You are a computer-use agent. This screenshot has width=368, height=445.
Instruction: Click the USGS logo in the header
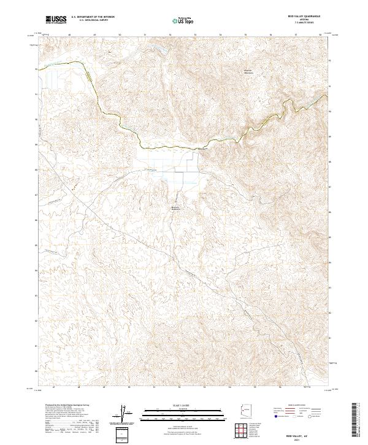click(x=56, y=20)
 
